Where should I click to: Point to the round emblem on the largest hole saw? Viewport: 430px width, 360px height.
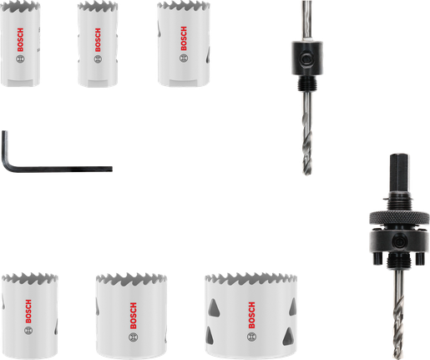(250, 337)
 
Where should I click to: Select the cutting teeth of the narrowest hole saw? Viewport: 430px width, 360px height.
(95, 6)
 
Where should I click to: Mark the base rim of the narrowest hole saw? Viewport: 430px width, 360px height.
(97, 82)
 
